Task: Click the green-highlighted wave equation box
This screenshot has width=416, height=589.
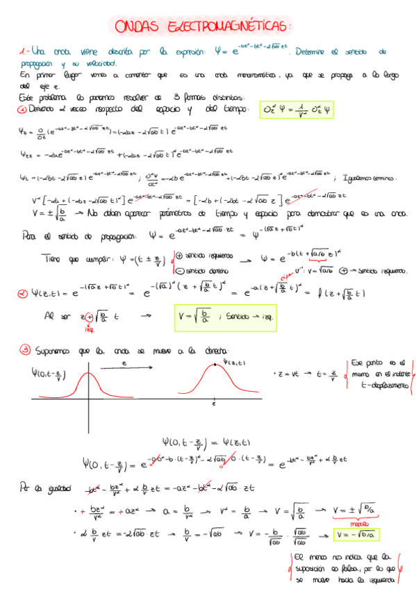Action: (x=294, y=110)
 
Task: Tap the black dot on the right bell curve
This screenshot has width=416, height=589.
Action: (x=215, y=363)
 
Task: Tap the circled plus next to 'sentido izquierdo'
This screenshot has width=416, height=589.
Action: (x=179, y=255)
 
